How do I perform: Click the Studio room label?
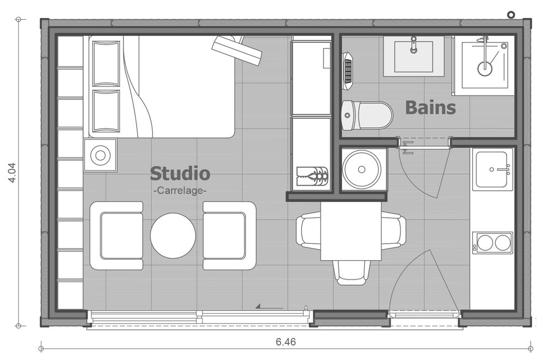(180, 173)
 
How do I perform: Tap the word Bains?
(430, 107)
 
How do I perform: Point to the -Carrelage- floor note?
(180, 191)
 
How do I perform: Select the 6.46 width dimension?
(285, 342)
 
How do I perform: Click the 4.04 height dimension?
(12, 173)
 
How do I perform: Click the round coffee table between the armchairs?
(173, 235)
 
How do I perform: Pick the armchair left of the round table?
(116, 235)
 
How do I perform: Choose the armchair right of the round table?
(229, 235)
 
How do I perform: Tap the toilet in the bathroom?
(367, 115)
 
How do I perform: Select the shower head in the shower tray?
(484, 68)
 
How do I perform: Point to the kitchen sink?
(492, 169)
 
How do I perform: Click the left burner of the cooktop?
(485, 243)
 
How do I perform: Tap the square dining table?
(351, 230)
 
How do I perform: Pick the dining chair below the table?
(352, 272)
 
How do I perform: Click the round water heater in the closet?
(361, 169)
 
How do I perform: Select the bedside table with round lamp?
(100, 155)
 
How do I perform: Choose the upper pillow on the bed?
(106, 63)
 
